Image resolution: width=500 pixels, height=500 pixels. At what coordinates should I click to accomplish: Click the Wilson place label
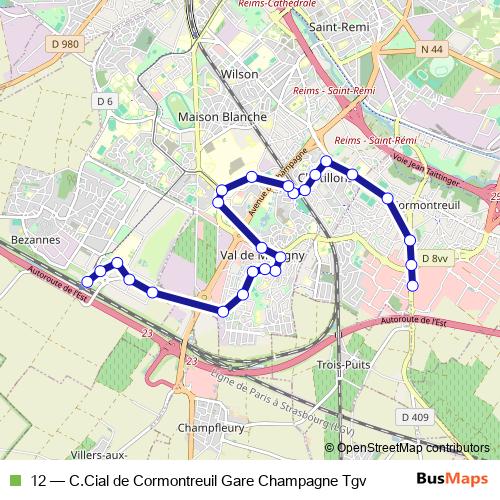point(240,74)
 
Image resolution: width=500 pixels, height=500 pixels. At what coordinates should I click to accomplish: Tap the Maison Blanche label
point(222,117)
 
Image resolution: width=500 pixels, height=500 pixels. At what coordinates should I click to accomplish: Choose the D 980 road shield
point(63,44)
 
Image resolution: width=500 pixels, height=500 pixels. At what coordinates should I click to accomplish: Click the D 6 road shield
point(104,101)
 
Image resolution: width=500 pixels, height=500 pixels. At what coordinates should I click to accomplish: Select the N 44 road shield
point(432,49)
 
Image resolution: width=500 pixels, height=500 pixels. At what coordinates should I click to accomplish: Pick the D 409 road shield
point(413,416)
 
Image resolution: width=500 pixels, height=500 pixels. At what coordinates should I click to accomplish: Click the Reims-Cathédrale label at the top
point(277,4)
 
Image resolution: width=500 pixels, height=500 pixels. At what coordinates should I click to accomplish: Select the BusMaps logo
point(453,479)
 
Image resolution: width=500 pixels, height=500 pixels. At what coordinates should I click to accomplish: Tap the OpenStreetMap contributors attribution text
point(413,448)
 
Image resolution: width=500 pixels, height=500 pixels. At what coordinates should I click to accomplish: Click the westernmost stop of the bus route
point(87,281)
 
